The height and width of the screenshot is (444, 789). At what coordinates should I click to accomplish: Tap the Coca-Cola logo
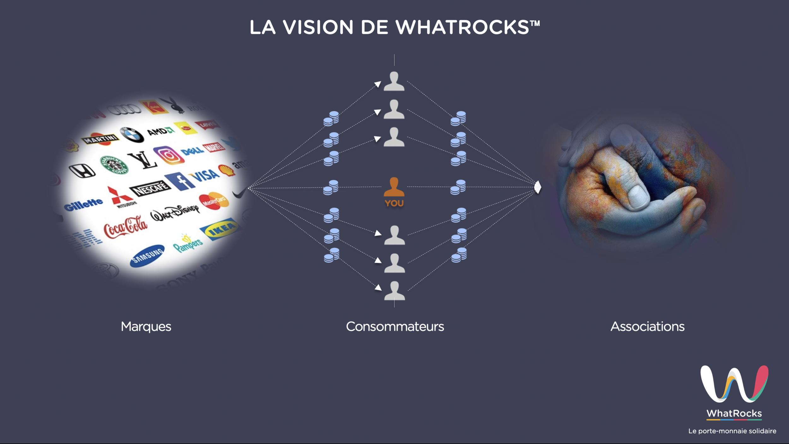126,227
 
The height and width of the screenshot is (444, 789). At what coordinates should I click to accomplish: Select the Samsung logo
147,256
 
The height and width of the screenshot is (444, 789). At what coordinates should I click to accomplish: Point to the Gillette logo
83,204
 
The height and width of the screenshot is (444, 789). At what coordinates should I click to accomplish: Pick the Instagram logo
169,155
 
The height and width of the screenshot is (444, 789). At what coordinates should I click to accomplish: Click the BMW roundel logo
132,135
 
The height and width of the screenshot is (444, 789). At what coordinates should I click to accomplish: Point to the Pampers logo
188,244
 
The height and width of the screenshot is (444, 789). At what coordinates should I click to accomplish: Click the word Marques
146,326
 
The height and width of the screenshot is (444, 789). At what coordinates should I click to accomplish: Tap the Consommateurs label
395,326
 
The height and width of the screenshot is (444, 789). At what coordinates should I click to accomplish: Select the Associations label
647,326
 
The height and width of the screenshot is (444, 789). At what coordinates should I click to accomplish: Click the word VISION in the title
318,27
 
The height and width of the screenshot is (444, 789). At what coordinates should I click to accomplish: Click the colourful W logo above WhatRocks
734,384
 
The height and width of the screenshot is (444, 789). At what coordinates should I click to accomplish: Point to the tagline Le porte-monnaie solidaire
732,431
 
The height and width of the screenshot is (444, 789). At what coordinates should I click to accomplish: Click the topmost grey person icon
394,81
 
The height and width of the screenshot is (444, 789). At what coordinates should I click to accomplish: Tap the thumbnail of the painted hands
641,186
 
